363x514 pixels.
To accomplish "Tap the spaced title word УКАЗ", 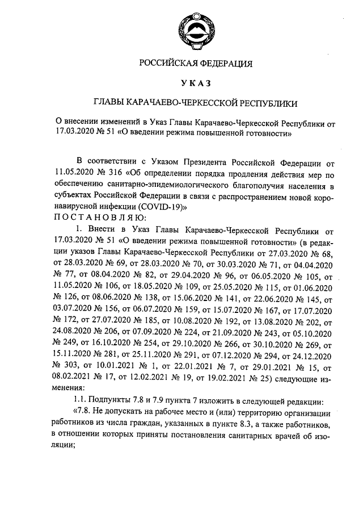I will (196, 83).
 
